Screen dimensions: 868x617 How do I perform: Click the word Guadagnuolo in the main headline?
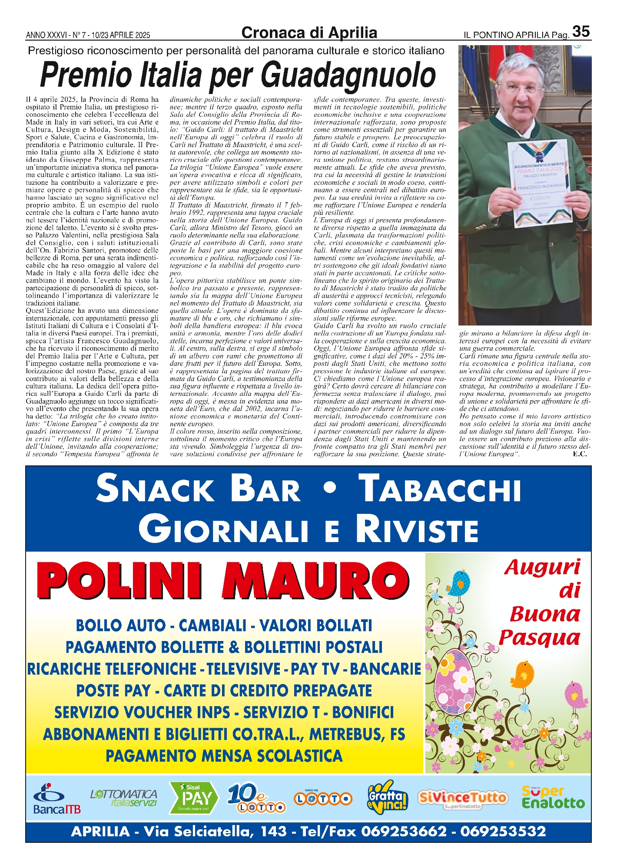click(349, 76)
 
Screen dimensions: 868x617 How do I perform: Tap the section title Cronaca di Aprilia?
click(309, 33)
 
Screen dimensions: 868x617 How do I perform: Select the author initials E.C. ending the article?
click(580, 454)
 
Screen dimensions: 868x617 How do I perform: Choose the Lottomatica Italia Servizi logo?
click(124, 798)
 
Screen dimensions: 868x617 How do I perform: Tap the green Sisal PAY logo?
click(193, 798)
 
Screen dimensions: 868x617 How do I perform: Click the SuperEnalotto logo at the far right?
click(553, 797)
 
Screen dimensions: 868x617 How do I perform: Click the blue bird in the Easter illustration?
click(459, 583)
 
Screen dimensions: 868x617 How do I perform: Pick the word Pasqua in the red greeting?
click(540, 638)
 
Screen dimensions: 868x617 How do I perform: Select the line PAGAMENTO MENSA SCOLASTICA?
click(224, 756)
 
